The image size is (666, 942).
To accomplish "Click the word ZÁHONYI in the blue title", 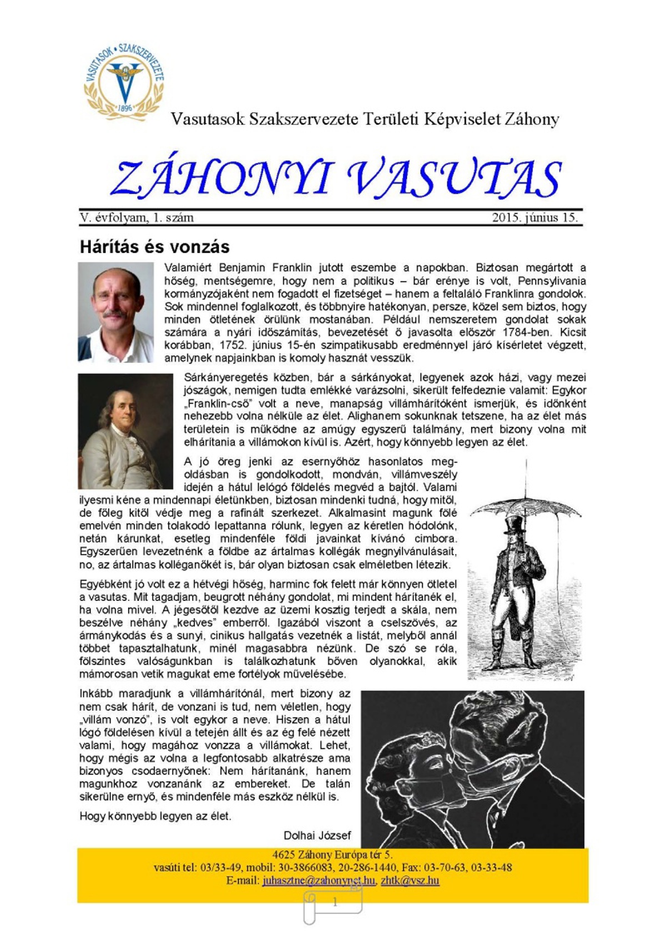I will point(222,178).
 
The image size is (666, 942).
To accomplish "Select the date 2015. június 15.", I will point(534,217).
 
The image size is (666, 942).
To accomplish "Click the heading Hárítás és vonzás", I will point(154,246).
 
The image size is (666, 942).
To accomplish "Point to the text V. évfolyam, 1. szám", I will point(137,217).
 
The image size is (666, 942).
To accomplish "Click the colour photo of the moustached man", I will point(115,312).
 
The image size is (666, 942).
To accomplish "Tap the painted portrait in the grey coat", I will point(125,431).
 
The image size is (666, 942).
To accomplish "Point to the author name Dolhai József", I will point(317,835).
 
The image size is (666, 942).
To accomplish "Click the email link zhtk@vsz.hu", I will point(410,880).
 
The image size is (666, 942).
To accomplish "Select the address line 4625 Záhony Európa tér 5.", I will point(332,855).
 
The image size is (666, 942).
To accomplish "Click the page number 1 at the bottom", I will point(335,903).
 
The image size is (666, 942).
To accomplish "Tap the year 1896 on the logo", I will point(125,108).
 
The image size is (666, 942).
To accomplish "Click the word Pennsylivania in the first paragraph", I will point(551,281).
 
